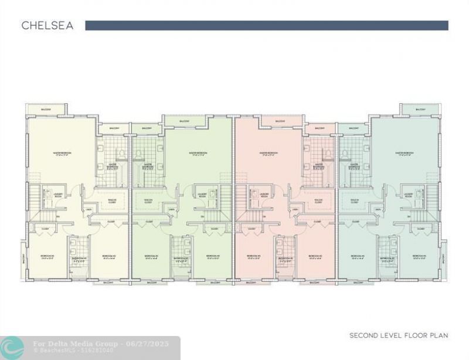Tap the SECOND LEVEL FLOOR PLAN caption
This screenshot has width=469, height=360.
tap(399, 335)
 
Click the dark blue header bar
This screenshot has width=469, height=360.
tap(267, 26)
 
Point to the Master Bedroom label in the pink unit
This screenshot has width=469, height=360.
tap(269, 154)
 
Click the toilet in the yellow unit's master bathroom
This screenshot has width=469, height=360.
tap(121, 154)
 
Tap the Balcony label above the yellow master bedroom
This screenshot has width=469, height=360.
tap(45, 110)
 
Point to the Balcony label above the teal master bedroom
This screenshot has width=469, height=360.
tap(420, 110)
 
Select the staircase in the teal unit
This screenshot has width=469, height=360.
tap(433, 199)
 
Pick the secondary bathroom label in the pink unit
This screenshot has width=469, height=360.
tap(286, 258)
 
